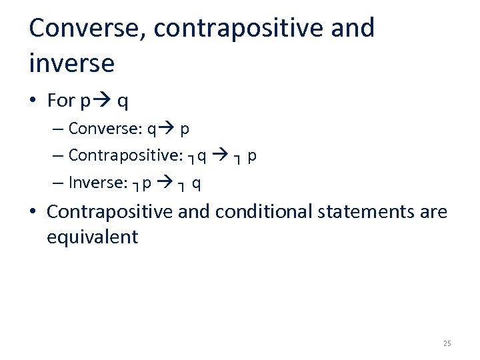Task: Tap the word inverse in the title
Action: tap(72, 64)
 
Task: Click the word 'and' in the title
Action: tap(351, 29)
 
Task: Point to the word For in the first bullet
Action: tap(61, 101)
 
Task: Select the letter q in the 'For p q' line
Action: tap(123, 102)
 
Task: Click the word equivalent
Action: tap(92, 237)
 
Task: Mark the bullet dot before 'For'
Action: tap(33, 101)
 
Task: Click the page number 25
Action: tap(447, 343)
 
